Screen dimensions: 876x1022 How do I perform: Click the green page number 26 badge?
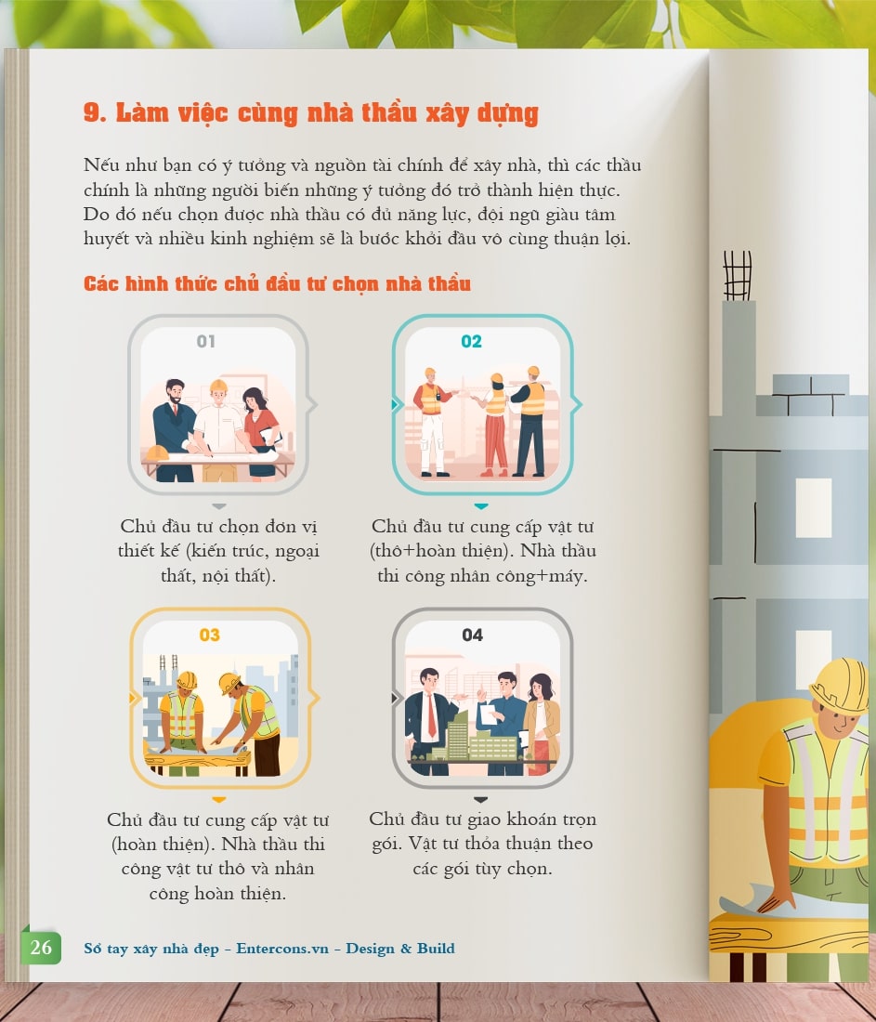[41, 947]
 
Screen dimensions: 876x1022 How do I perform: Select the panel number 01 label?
[206, 341]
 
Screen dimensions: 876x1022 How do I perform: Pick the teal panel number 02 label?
[471, 341]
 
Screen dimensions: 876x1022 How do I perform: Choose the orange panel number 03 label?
[209, 635]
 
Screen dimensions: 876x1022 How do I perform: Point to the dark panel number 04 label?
[473, 635]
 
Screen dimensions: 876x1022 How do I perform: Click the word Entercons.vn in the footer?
[282, 949]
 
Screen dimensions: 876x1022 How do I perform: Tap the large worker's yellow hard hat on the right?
[840, 685]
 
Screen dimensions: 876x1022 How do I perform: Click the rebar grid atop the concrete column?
[738, 276]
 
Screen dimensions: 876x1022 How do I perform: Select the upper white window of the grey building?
[813, 507]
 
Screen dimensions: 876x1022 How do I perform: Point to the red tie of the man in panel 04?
[431, 715]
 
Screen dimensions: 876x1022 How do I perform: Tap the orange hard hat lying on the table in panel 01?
[157, 452]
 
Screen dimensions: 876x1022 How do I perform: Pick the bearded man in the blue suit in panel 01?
[175, 430]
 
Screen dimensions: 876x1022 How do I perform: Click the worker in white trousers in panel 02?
[431, 422]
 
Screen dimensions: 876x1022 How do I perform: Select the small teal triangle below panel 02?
[481, 506]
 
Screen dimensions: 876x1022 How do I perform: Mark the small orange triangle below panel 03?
[219, 800]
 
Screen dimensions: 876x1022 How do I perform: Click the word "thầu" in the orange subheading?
[449, 283]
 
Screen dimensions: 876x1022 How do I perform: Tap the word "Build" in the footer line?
[436, 949]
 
